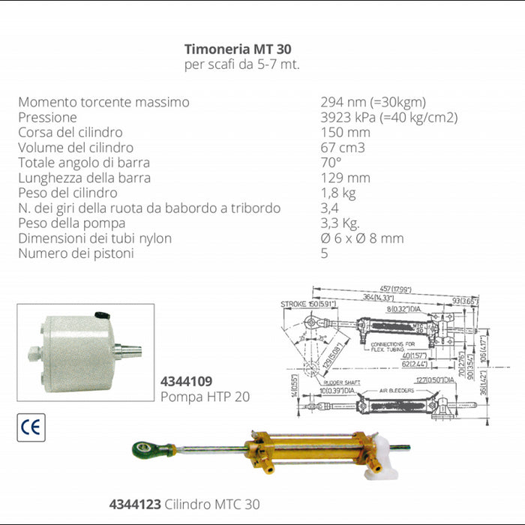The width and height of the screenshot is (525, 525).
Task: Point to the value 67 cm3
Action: tap(343, 148)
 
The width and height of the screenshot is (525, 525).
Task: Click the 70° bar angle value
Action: tap(331, 163)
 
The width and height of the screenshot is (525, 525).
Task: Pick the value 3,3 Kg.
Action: tap(340, 223)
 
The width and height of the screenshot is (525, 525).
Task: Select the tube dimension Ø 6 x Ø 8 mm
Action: tap(361, 238)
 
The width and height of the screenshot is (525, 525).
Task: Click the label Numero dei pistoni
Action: tap(76, 253)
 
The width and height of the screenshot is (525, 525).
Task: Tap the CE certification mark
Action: tap(31, 427)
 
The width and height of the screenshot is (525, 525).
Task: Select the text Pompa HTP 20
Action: tap(205, 396)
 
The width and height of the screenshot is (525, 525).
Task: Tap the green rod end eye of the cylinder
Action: tap(143, 451)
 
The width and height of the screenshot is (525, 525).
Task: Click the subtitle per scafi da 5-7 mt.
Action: tap(241, 64)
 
